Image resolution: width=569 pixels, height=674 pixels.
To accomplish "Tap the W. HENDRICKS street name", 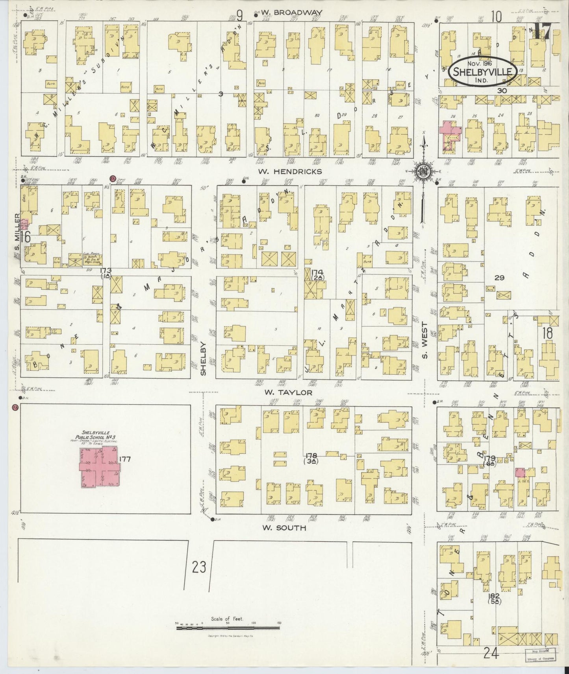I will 291,171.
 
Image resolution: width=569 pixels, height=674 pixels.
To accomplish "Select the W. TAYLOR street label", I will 288,392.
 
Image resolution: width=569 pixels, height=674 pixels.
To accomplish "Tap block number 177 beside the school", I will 126,459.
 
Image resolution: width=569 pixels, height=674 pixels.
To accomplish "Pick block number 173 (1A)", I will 106,273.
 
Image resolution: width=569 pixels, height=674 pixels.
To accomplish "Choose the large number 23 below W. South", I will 199,567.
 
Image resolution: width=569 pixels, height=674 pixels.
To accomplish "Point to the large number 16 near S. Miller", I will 26,237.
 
